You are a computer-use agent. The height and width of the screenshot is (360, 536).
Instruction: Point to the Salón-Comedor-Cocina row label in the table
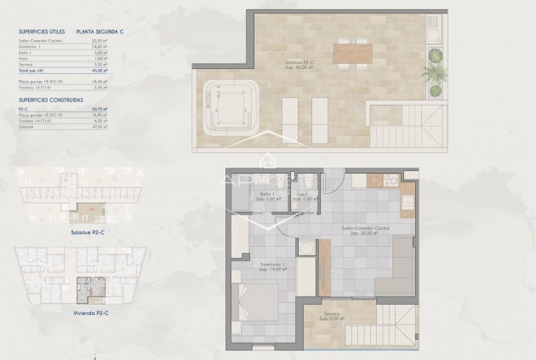pyautogui.click(x=38, y=39)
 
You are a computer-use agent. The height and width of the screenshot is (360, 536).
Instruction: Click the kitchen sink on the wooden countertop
pyautogui.click(x=407, y=202)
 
